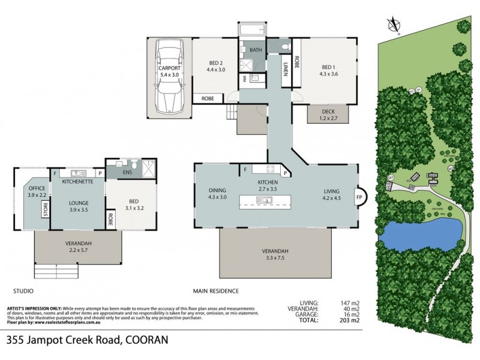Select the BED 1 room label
point(329,67)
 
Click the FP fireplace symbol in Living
point(359,197)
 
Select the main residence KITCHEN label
point(266,182)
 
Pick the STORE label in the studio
point(45,210)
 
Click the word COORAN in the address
point(148,340)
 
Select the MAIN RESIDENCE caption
point(215,291)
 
